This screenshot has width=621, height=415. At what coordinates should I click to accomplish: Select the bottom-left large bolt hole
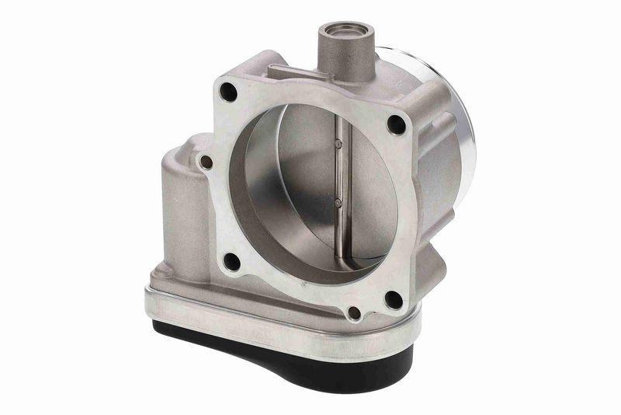coord(231,261)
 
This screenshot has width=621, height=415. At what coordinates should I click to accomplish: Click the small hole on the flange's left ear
coord(206,163)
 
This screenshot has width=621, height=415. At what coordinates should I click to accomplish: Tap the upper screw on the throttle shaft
coord(338,143)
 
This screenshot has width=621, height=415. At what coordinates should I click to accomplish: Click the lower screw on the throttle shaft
coord(338,204)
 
